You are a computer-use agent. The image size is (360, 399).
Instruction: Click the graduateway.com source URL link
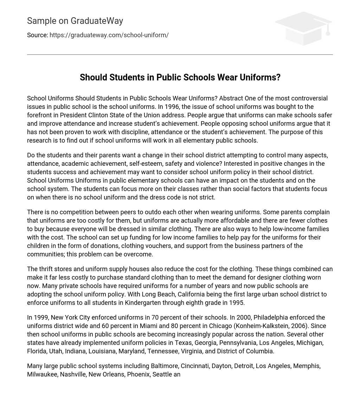(109, 35)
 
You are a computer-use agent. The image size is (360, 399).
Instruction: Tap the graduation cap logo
(303, 28)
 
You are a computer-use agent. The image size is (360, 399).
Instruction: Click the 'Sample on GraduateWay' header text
(75, 21)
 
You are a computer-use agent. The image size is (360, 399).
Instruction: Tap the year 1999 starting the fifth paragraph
(41, 318)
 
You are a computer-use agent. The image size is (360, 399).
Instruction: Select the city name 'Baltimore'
(165, 366)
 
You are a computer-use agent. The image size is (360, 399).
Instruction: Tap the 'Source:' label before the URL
(37, 35)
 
